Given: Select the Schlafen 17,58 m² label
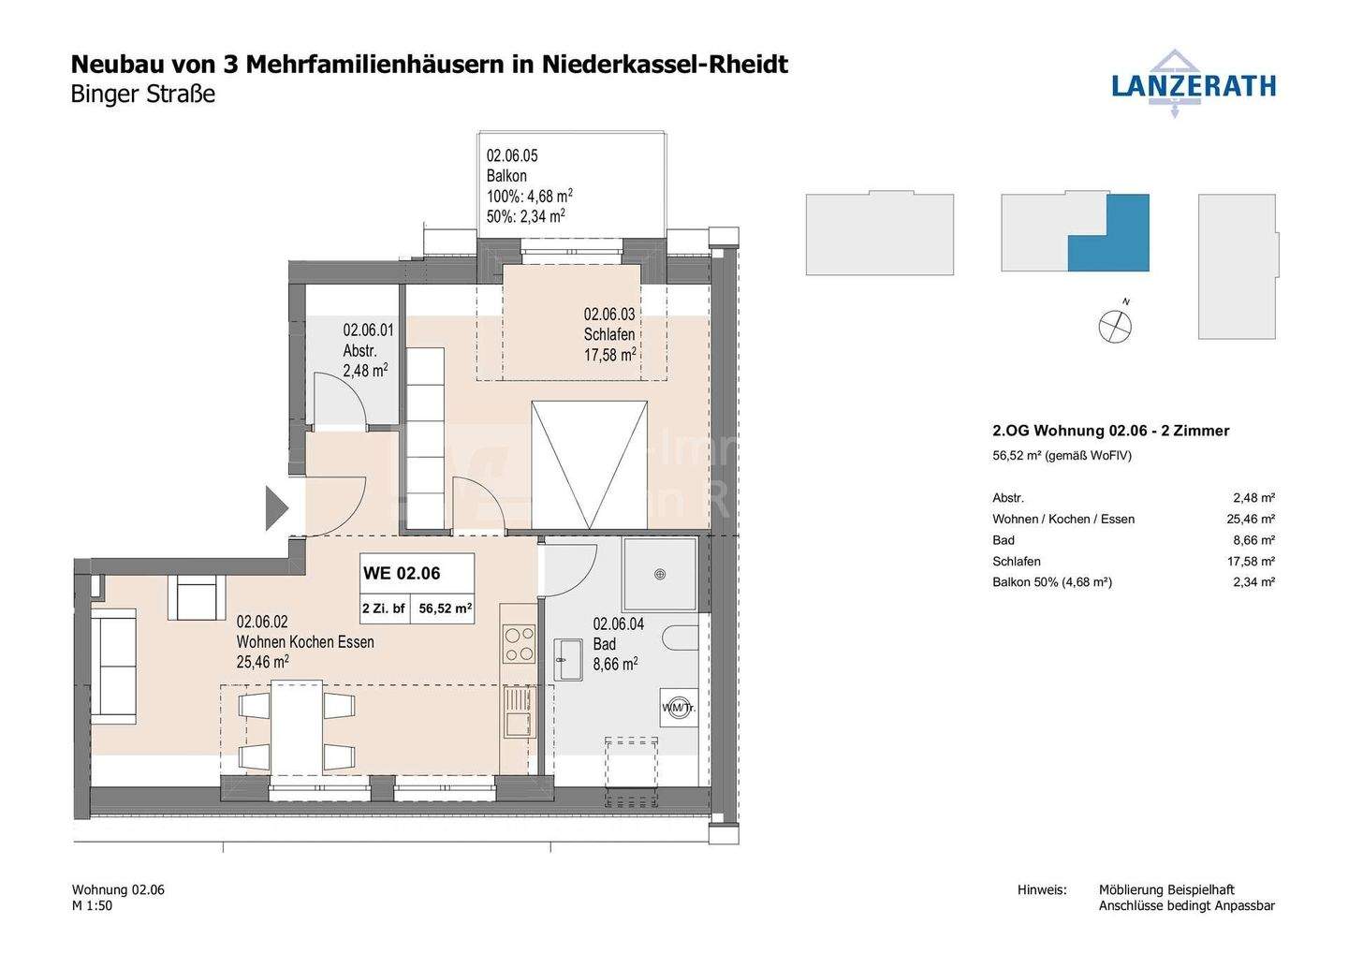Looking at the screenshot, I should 609,334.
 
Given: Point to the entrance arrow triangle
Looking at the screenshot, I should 276,508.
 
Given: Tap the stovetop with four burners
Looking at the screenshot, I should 519,643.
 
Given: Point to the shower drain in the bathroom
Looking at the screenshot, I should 661,574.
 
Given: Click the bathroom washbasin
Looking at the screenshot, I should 568,659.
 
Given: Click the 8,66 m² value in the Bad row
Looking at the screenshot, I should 1253,540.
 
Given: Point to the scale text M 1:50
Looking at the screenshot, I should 92,906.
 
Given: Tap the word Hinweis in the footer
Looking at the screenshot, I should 1042,889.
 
